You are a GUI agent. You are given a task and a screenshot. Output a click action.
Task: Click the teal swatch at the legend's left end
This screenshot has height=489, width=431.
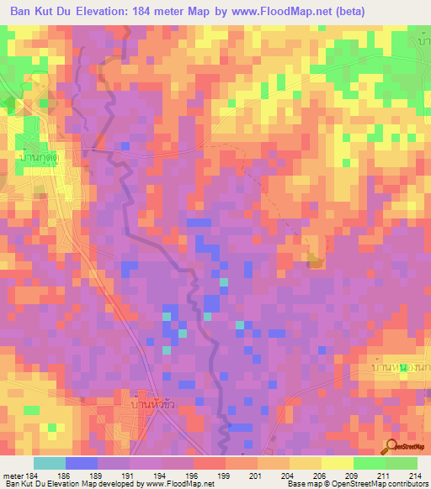pyautogui.click(x=50, y=463)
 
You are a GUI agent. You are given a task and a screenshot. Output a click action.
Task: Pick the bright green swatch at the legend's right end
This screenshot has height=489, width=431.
pyautogui.click(x=401, y=463)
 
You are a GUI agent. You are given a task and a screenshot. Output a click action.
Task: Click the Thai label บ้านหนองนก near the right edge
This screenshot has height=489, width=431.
pyautogui.click(x=401, y=368)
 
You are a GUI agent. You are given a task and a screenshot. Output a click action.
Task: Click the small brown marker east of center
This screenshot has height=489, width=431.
pyautogui.click(x=314, y=262)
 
